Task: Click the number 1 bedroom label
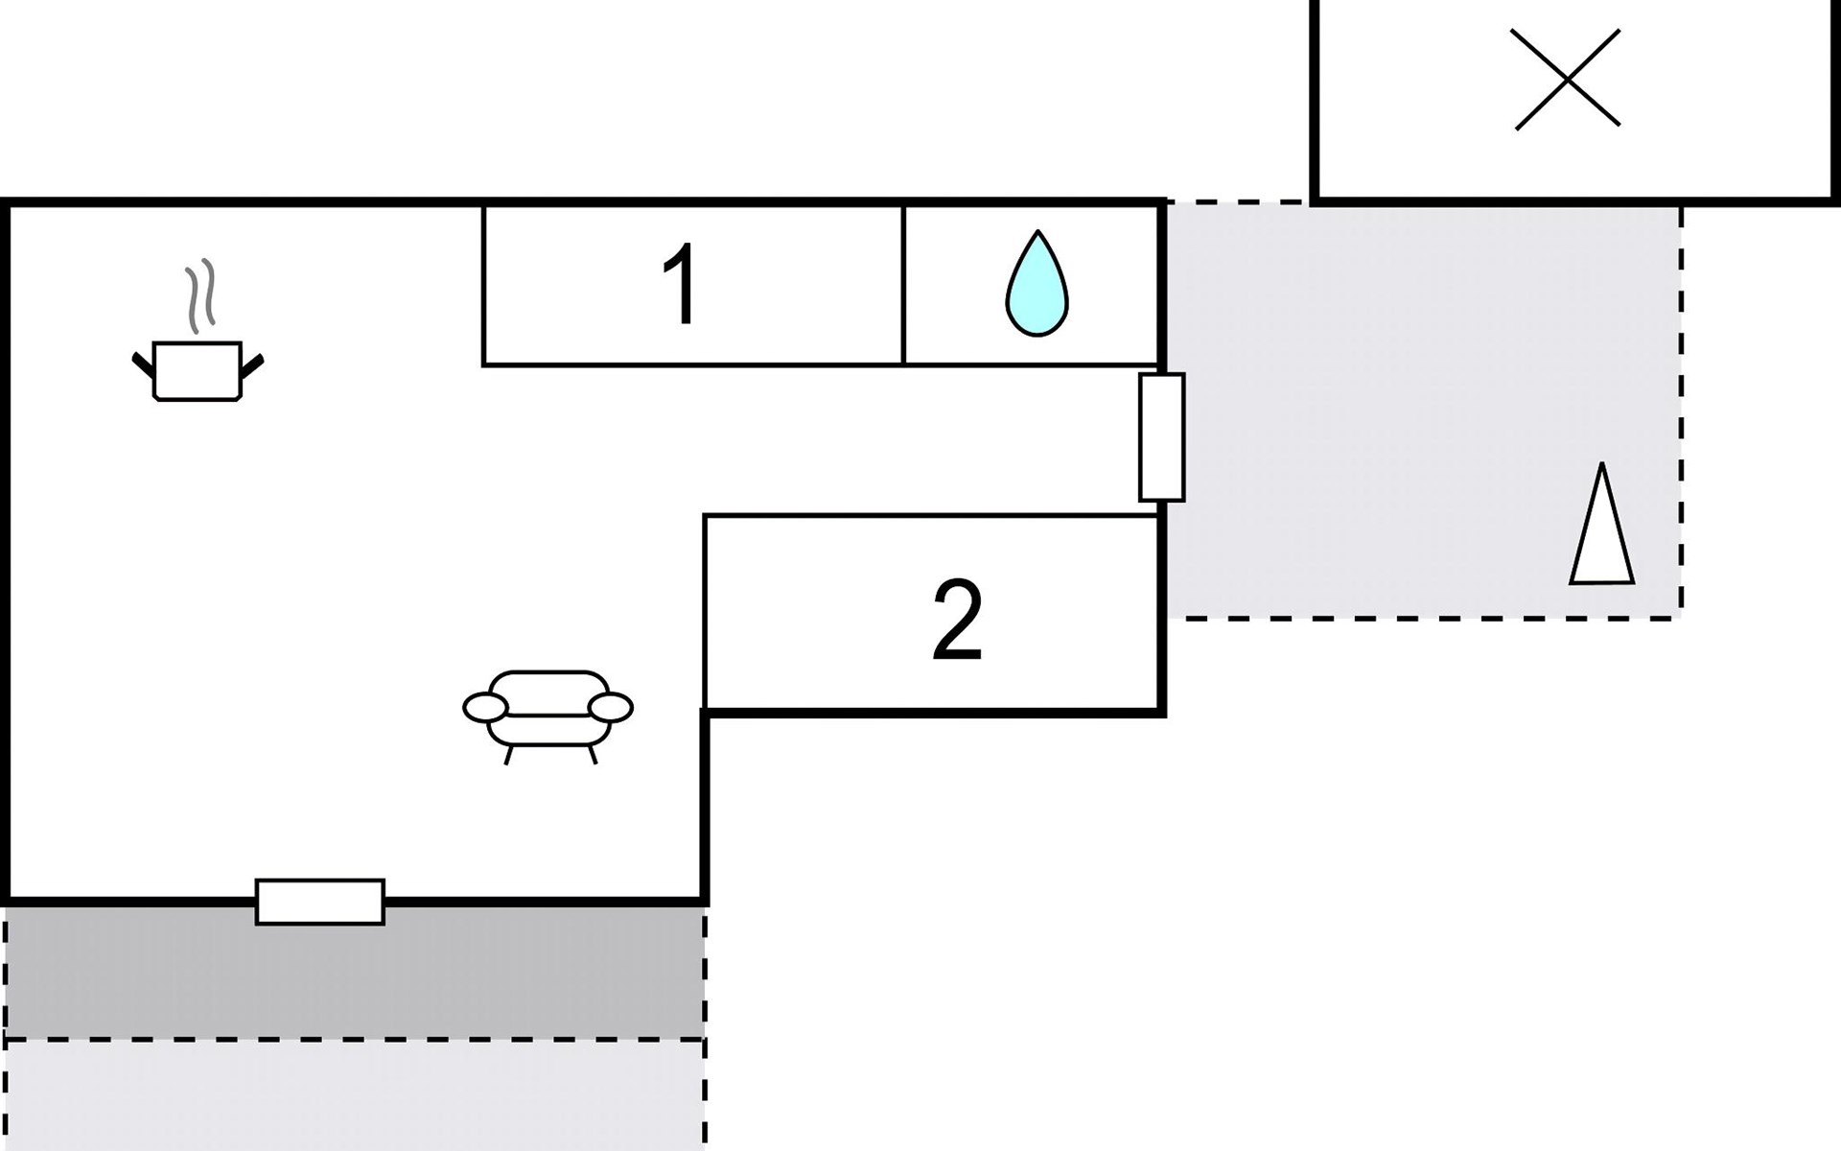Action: click(681, 285)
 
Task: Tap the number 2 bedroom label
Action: click(957, 621)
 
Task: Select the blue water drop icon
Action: click(1037, 285)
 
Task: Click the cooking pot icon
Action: click(197, 370)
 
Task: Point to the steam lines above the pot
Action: click(200, 294)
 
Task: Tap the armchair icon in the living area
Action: click(548, 711)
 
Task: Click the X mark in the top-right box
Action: click(1567, 79)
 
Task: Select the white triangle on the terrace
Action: click(1602, 537)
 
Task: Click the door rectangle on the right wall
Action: click(1161, 437)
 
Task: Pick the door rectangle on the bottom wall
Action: click(319, 902)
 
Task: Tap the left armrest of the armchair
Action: click(485, 708)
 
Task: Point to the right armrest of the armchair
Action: click(611, 708)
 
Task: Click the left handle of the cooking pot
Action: click(143, 364)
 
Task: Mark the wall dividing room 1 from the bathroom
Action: click(903, 285)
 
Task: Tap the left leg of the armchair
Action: click(508, 755)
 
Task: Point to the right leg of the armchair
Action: click(593, 755)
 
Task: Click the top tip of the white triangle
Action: click(1601, 467)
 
